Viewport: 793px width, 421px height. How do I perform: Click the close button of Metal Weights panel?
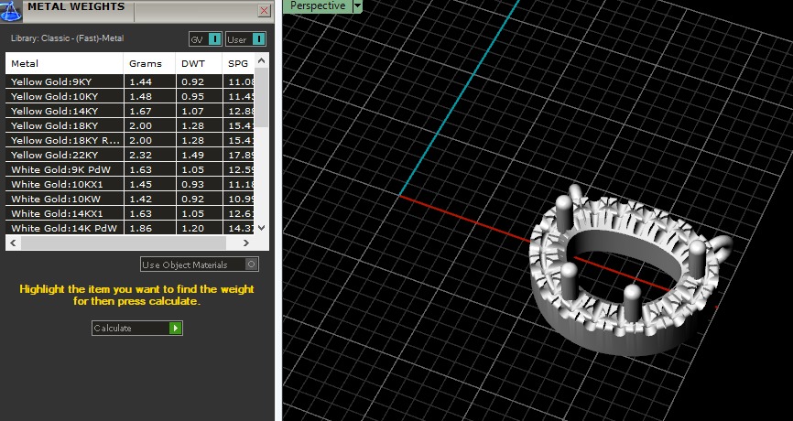click(x=265, y=11)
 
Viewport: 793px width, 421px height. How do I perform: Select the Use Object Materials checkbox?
click(x=252, y=264)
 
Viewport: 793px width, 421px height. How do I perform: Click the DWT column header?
click(x=193, y=64)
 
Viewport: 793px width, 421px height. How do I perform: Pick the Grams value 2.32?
click(x=140, y=155)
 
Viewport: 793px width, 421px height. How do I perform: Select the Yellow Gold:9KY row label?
click(x=51, y=81)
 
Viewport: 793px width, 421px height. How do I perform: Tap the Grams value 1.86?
click(x=140, y=228)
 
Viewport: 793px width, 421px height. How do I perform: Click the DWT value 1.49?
click(x=193, y=155)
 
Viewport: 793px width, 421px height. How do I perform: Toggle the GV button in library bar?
click(x=205, y=39)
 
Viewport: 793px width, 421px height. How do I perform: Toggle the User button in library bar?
click(x=245, y=39)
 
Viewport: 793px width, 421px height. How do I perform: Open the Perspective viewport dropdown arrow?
click(x=358, y=5)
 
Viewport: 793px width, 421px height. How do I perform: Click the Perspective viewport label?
click(x=318, y=5)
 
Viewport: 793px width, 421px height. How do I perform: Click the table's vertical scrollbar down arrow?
click(x=262, y=227)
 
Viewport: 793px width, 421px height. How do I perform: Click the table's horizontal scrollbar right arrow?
click(x=246, y=243)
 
